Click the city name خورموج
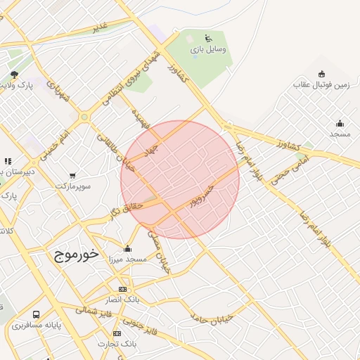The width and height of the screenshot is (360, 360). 75,255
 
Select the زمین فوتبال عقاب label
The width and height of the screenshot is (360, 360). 321,85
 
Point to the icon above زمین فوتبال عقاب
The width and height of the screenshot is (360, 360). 322,73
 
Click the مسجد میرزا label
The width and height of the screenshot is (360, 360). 127,259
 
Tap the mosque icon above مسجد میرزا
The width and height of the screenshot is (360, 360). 127,247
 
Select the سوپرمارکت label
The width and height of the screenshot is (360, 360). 73,186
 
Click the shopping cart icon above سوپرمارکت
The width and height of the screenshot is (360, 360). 72,174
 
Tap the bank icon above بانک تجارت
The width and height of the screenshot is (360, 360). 117,333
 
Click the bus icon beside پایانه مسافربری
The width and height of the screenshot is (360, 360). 36,315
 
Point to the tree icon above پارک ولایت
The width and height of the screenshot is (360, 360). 15,75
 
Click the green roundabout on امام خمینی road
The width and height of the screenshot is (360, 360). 84,117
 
